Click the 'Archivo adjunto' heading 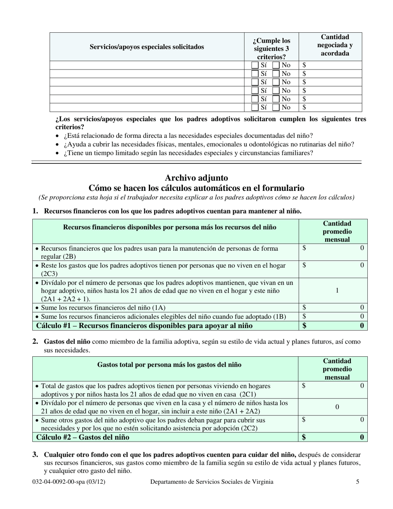click(196, 178)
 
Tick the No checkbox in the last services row click(276, 108)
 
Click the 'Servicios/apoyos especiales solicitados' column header click(147, 47)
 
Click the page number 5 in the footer click(357, 481)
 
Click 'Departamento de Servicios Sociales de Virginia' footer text click(211, 481)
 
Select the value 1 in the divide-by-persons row click(337, 291)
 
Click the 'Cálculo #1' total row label click(144, 326)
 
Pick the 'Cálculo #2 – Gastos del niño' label click(83, 437)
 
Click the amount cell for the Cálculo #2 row click(333, 437)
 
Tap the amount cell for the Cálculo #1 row click(333, 326)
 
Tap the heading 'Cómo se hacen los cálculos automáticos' click(196, 188)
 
